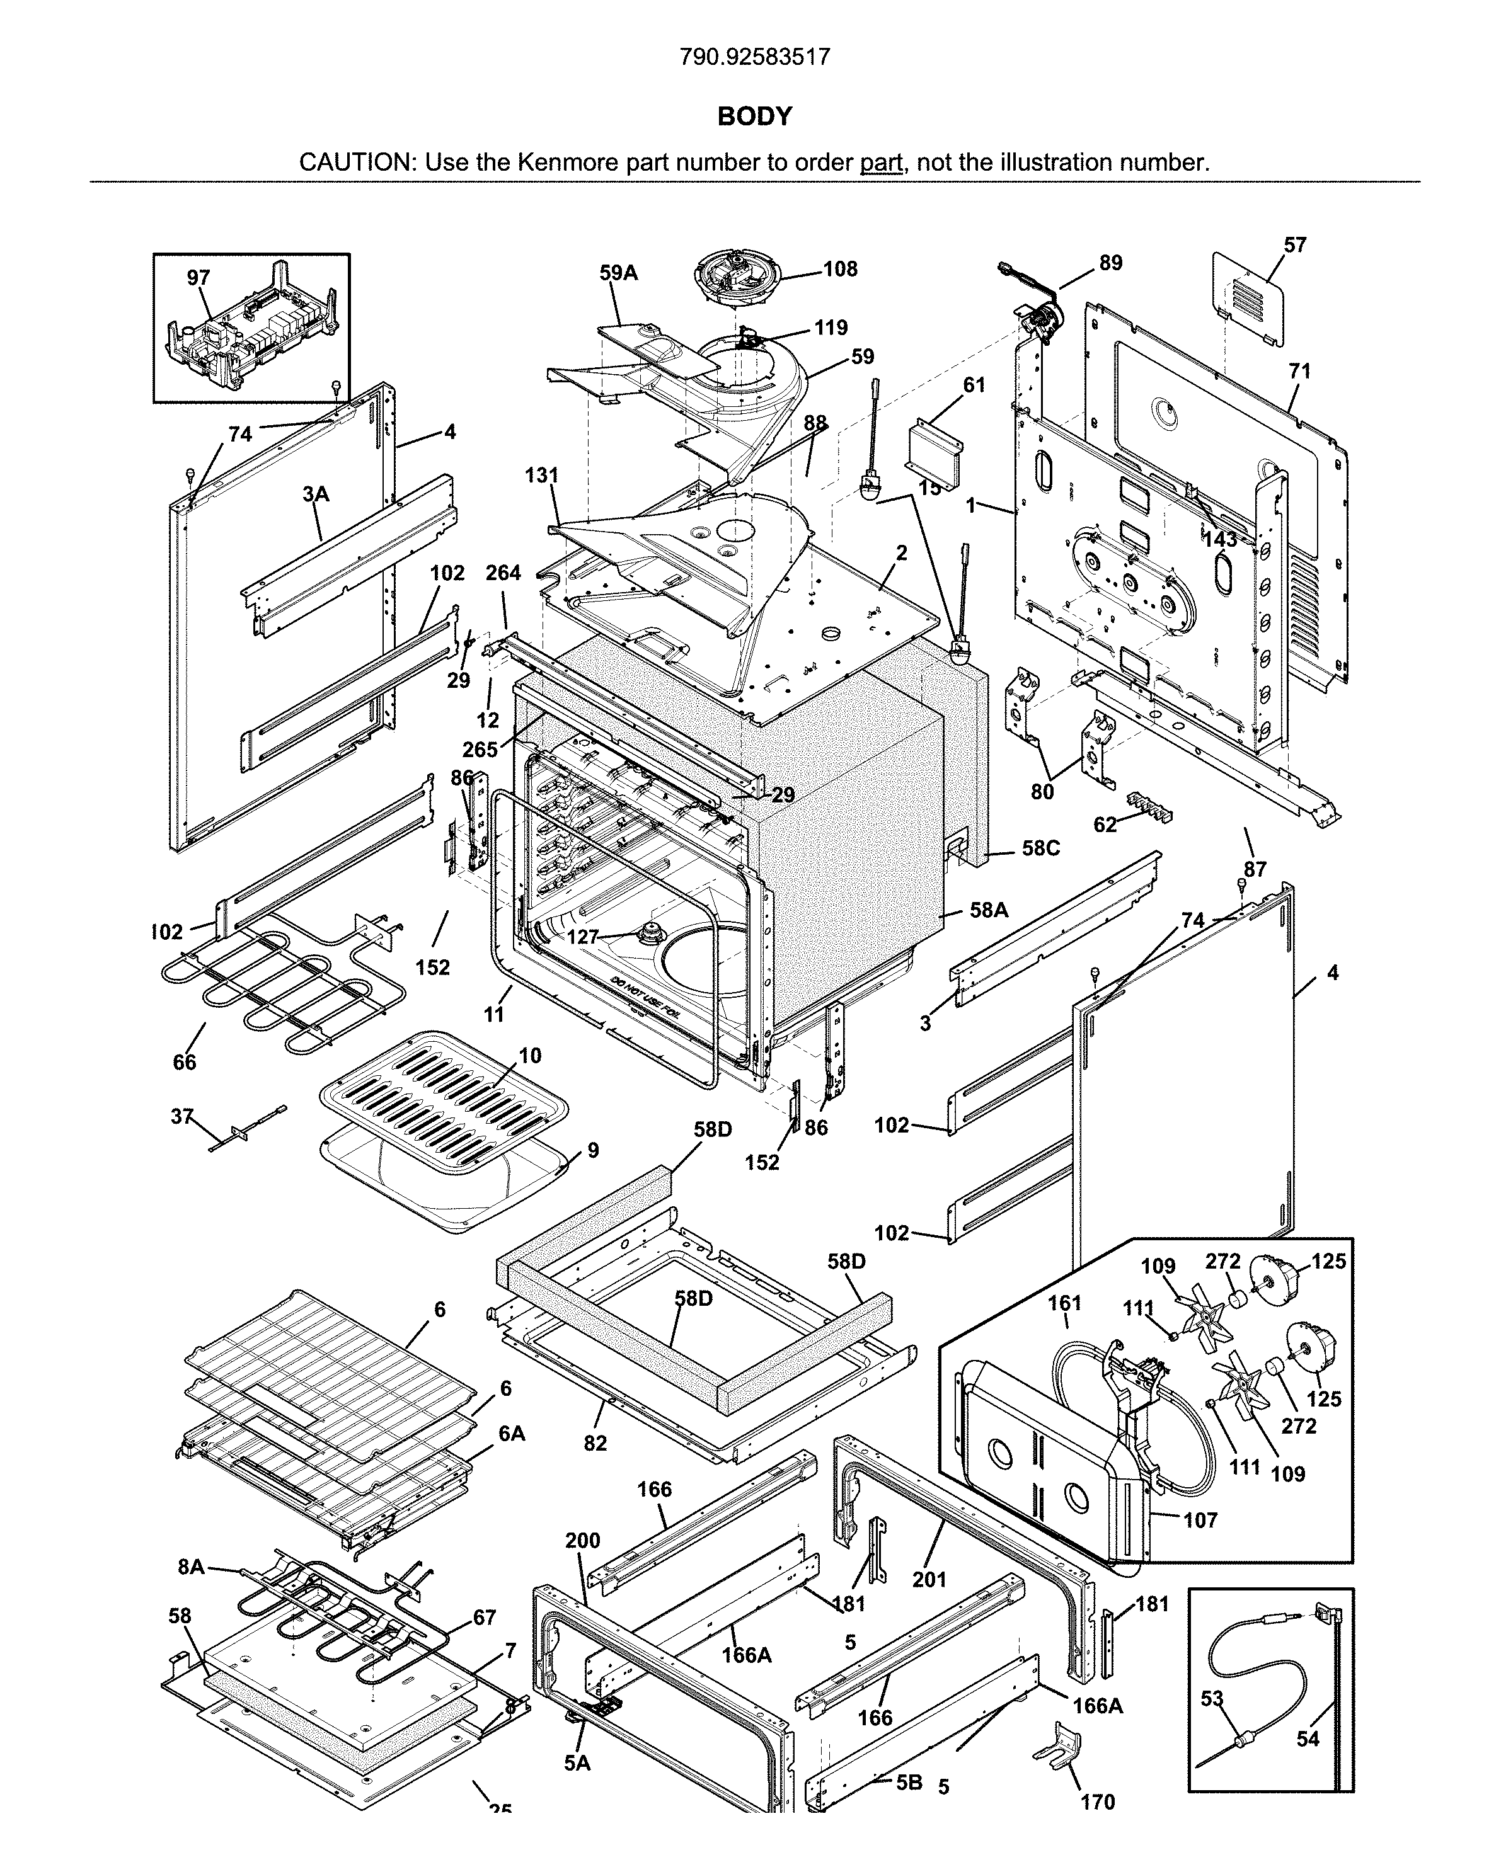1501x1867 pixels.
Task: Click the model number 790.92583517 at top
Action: [754, 57]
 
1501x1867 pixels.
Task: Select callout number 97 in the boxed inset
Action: [198, 278]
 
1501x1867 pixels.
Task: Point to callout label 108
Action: [839, 270]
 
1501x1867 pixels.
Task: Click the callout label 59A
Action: [618, 273]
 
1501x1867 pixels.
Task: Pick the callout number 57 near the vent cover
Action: [1295, 246]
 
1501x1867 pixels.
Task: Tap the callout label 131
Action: [541, 476]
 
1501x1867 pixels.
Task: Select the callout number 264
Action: [503, 573]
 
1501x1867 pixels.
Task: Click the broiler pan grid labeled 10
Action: [444, 1098]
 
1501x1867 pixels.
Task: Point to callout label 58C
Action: [1040, 848]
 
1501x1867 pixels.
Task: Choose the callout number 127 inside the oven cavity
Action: [583, 937]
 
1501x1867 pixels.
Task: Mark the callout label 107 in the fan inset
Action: [1200, 1520]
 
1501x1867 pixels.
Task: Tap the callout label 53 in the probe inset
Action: [1212, 1699]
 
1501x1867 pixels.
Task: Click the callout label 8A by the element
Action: [192, 1567]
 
